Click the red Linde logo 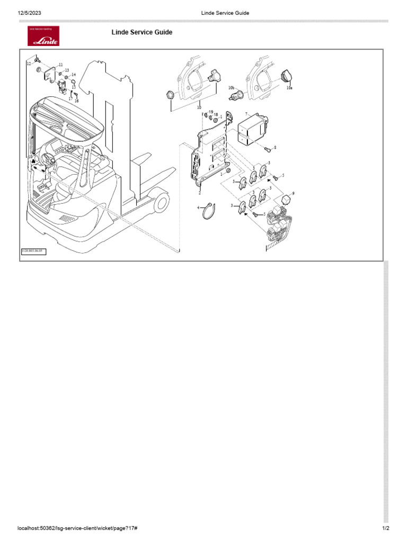(43, 35)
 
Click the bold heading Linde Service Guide (141, 32)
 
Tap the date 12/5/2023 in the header (30, 13)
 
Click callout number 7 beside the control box (246, 114)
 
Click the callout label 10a (289, 88)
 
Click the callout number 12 (29, 64)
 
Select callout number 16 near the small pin (76, 100)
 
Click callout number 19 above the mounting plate (210, 112)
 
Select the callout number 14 (74, 75)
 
